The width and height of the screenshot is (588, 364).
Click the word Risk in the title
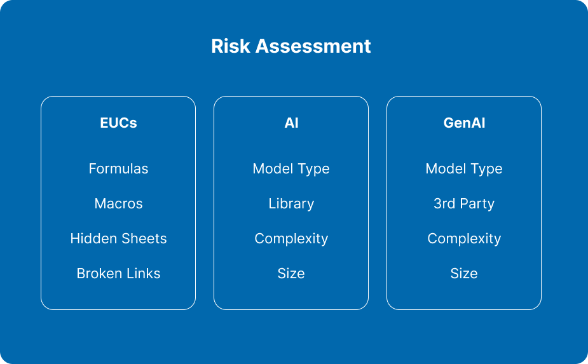pos(231,46)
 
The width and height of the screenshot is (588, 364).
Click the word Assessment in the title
pos(313,46)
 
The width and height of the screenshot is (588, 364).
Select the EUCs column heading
pos(118,123)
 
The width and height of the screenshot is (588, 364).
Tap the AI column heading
pos(291,123)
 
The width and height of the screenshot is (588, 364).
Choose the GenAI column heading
pos(464,123)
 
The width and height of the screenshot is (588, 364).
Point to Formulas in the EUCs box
pos(118,169)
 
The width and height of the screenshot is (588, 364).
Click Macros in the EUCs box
pos(118,203)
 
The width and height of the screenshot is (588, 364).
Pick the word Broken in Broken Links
pos(95,273)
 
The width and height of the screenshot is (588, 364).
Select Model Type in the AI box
pos(291,169)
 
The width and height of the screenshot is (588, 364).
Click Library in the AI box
pos(291,203)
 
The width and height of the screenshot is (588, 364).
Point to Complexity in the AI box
pos(291,238)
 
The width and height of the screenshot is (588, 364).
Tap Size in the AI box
pos(291,273)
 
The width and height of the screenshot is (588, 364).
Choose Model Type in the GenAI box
pos(464,169)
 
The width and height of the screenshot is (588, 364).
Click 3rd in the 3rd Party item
pos(444,203)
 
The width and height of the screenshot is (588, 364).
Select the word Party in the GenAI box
pos(477,203)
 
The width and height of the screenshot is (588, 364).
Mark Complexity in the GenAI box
pos(464,238)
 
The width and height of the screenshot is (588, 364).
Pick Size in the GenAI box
pos(464,273)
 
